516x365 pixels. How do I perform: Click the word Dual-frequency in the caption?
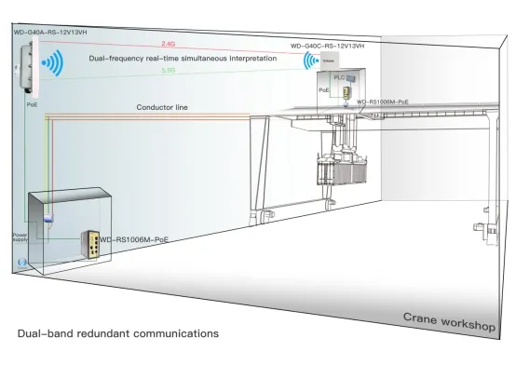[116, 58]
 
